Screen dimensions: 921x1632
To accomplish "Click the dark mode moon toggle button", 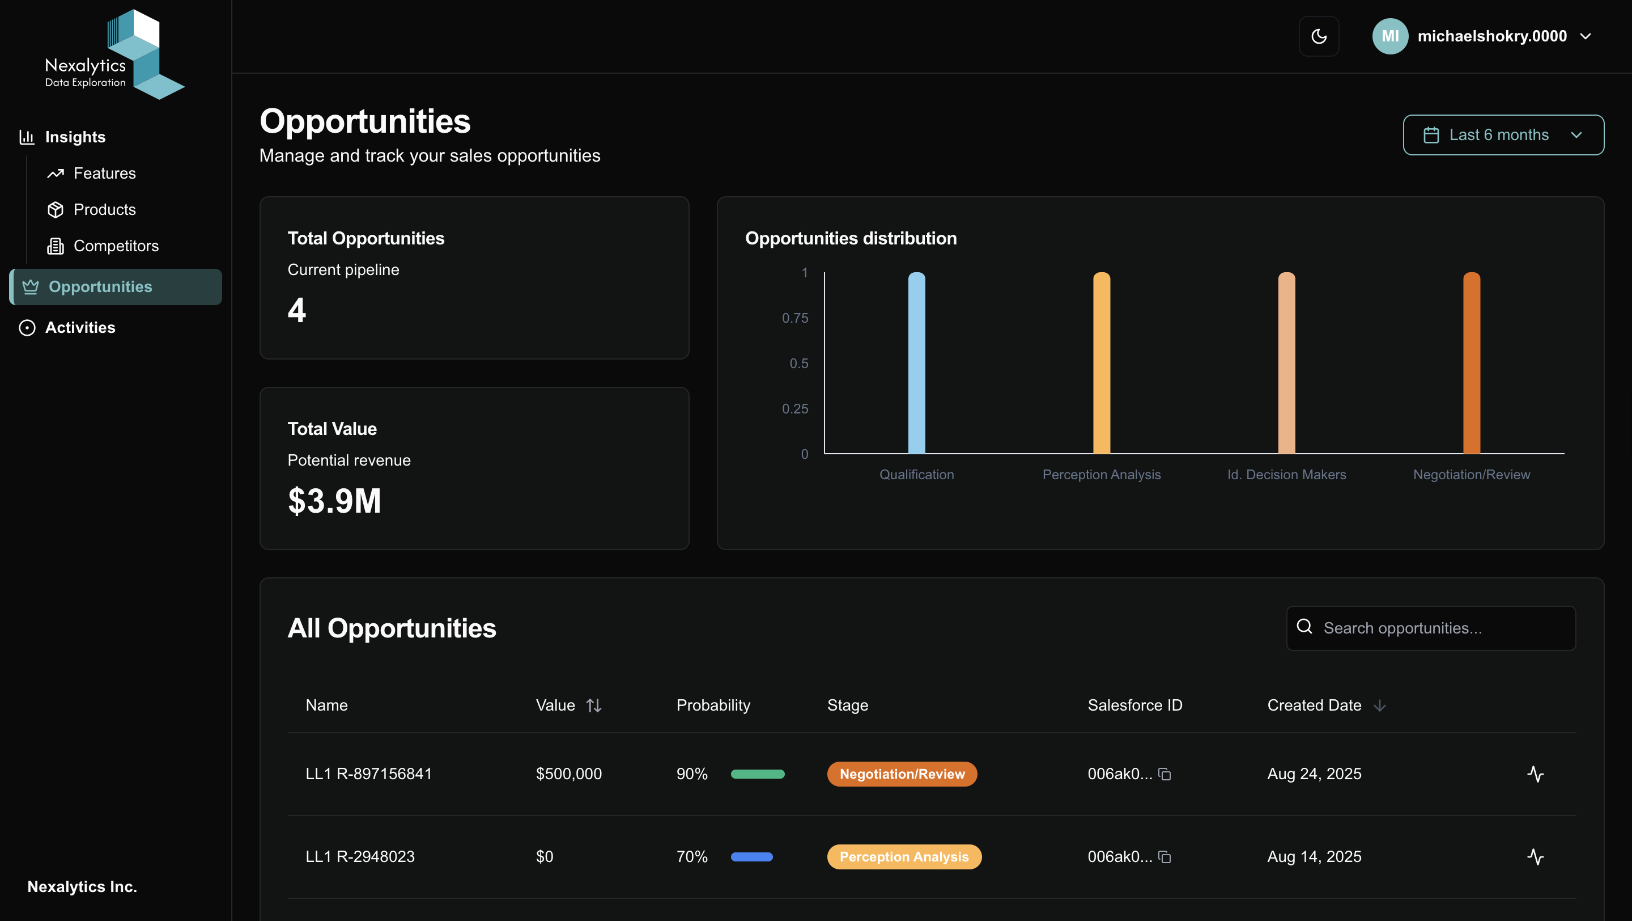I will pos(1319,36).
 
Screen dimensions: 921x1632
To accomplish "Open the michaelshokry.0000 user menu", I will pos(1482,36).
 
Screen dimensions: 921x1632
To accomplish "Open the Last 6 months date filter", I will pos(1503,135).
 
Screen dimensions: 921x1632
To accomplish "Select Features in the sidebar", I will pos(104,173).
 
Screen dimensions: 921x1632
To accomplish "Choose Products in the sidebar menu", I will pos(104,210).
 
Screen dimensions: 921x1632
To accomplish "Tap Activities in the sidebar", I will pos(80,328).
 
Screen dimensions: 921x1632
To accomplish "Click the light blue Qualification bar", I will pos(916,363).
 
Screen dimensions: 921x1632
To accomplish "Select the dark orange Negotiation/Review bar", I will pos(1471,363).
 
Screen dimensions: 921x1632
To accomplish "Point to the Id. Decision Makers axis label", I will pos(1286,475).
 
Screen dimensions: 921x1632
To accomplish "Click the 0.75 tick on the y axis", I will pos(794,318).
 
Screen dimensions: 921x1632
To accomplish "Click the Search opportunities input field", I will pos(1438,628).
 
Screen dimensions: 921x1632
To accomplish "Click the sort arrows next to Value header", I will pos(594,705).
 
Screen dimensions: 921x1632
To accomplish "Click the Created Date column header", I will pos(1314,705).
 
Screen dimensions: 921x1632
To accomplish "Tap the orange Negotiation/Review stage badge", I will pos(902,774).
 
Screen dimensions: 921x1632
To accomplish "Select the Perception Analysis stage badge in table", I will pos(903,857).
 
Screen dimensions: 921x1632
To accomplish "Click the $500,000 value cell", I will pos(568,774).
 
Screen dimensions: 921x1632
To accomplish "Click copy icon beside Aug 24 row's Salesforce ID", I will pos(1164,774).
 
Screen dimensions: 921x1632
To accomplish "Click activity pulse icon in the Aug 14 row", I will pos(1535,857).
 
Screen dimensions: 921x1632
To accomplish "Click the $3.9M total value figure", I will pos(334,501).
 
